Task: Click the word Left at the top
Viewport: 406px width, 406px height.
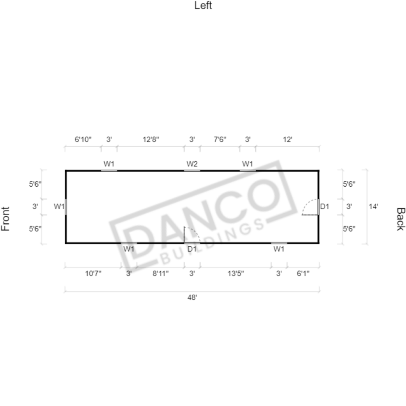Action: point(203,6)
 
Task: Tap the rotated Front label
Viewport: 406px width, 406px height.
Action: point(5,219)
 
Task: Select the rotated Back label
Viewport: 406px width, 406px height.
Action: point(400,219)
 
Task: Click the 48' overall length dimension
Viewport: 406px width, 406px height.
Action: point(192,297)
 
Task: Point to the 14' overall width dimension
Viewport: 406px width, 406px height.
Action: point(373,206)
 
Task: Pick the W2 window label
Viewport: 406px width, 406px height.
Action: point(192,164)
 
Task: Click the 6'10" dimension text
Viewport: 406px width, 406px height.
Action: point(83,140)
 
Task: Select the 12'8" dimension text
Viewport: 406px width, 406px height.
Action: point(151,140)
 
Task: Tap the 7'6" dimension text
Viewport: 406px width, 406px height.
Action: point(220,140)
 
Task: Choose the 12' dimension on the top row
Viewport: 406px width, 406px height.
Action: point(287,140)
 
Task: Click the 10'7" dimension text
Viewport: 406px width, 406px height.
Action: point(93,274)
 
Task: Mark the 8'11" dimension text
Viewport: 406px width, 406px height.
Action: point(161,274)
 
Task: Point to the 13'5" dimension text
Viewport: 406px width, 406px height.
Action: point(236,274)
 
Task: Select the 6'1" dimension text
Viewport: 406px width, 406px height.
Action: point(303,274)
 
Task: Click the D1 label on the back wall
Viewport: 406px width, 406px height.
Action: point(325,206)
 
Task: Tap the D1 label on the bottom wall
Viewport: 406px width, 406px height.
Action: point(192,249)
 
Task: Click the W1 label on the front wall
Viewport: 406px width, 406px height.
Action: point(59,206)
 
